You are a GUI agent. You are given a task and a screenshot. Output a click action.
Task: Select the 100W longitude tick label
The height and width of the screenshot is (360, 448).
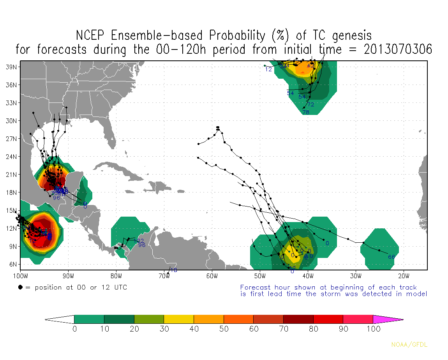20,277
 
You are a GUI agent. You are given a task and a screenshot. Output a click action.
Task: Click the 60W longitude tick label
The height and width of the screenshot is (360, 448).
212,277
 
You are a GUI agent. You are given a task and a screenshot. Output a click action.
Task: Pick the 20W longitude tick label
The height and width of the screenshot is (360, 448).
404,277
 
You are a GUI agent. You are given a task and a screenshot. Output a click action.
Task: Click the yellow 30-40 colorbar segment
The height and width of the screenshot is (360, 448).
178,319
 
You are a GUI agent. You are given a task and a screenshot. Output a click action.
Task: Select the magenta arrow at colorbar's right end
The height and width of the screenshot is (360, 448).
388,319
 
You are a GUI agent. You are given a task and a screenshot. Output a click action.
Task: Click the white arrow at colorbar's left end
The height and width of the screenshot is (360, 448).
59,319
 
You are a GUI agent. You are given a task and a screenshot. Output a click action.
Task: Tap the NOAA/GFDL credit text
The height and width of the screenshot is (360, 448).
409,345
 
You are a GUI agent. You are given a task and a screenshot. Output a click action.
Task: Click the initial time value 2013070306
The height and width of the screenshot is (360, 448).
398,49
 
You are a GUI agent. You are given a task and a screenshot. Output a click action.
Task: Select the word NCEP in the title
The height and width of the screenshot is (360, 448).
92,35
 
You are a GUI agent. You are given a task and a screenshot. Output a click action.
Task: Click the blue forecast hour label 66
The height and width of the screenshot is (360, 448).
392,257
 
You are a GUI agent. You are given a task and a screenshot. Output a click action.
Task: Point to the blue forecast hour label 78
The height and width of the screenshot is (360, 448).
306,113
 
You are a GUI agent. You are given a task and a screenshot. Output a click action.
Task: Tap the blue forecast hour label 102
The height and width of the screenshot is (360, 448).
139,241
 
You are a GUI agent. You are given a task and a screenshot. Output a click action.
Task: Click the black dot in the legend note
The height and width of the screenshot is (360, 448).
20,288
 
